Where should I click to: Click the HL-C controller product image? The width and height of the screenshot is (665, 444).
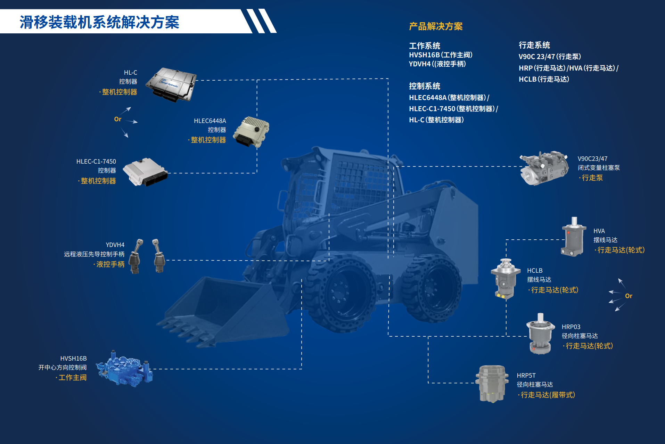click(171, 85)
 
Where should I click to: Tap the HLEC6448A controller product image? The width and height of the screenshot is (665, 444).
click(251, 132)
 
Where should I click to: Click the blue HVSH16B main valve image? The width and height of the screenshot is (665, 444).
click(124, 369)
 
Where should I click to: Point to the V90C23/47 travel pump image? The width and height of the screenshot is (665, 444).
click(544, 168)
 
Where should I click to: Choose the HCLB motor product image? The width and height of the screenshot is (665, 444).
click(506, 279)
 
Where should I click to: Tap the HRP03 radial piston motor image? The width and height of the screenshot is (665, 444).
click(540, 334)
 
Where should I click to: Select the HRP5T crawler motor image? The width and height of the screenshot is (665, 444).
click(492, 384)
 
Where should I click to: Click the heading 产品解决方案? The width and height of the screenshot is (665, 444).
click(436, 26)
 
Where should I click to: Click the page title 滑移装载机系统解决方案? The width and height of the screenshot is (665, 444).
click(99, 22)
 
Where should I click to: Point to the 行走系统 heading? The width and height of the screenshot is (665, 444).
click(534, 45)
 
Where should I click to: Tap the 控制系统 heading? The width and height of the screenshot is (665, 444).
click(425, 86)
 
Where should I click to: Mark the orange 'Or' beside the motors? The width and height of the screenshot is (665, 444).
click(629, 296)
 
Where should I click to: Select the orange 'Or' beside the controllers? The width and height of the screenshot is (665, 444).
click(118, 119)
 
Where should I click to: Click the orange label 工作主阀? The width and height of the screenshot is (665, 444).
click(72, 378)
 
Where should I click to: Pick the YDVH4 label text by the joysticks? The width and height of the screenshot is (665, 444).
click(115, 245)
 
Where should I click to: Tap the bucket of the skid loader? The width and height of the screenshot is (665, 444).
click(222, 309)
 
